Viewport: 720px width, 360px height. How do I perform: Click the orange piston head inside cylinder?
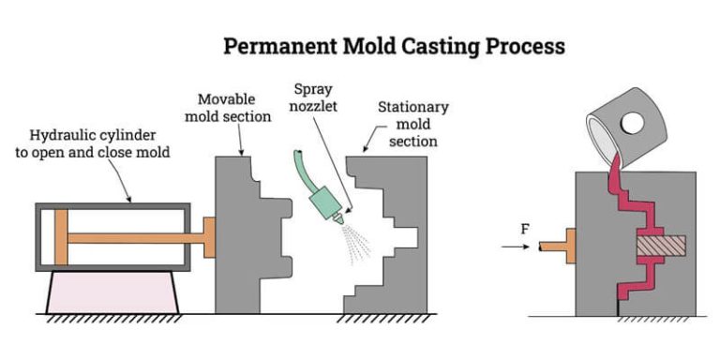point(61,237)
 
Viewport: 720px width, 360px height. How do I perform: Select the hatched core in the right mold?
point(661,246)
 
